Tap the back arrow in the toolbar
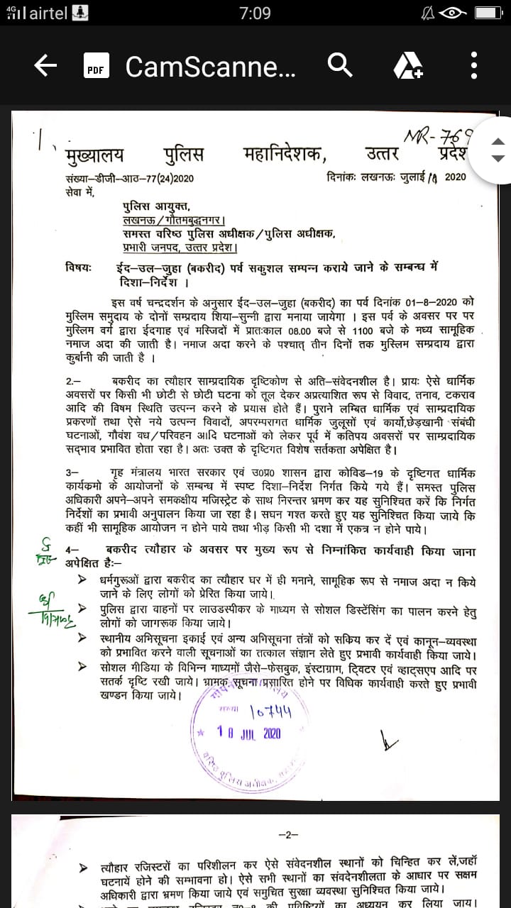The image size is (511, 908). coord(45,66)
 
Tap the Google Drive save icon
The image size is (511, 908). coord(408,66)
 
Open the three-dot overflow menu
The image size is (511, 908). coord(473,66)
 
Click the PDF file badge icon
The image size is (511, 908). coord(96,66)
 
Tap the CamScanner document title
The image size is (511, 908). coord(211,67)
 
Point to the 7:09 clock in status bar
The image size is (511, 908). coord(255,13)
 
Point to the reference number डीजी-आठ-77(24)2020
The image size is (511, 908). coord(139,177)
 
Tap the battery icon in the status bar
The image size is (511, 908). coord(487,13)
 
